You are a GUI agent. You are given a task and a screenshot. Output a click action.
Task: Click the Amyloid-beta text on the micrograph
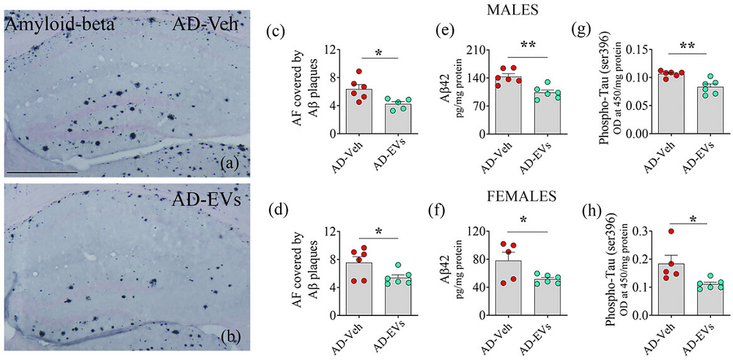pyautogui.click(x=50, y=26)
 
